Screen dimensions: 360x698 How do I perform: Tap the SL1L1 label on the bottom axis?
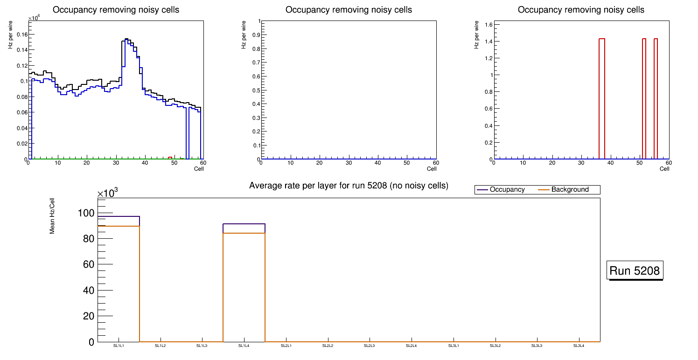[119, 346]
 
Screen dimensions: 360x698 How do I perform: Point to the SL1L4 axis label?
[244, 346]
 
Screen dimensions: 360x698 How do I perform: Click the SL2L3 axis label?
[370, 346]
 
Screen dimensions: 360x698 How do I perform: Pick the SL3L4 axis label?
[579, 346]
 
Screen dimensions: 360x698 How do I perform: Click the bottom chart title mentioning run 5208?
[349, 186]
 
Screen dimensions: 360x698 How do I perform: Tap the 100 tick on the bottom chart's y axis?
[88, 213]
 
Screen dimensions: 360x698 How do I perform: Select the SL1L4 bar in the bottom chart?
[244, 280]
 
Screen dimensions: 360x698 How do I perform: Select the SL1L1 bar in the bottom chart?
[119, 280]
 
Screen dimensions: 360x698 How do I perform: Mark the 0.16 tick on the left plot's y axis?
[22, 35]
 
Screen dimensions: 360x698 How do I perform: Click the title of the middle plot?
[349, 10]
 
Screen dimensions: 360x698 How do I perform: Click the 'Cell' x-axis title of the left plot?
[199, 169]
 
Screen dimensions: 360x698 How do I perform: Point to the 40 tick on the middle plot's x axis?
[378, 163]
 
